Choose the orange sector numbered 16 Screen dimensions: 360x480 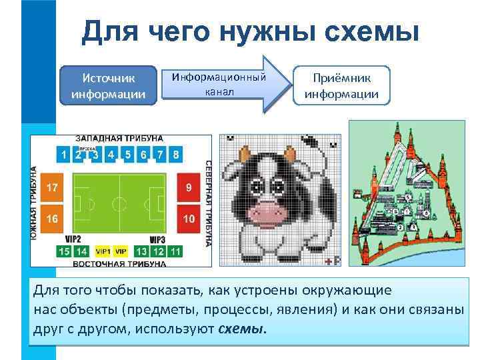pyautogui.click(x=52, y=218)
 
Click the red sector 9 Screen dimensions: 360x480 pyautogui.click(x=189, y=187)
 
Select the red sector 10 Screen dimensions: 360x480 pyautogui.click(x=189, y=218)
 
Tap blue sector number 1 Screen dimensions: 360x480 pyautogui.click(x=63, y=155)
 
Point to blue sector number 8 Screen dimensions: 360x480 pyautogui.click(x=175, y=155)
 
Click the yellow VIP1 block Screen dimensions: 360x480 pyautogui.click(x=103, y=251)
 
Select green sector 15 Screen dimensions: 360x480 pyautogui.click(x=63, y=251)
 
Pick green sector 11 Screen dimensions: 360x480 pyautogui.click(x=175, y=251)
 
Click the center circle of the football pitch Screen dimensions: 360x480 pyautogui.click(x=119, y=202)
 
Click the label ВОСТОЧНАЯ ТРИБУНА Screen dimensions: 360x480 pyautogui.click(x=119, y=264)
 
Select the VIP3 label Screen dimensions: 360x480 pyautogui.click(x=157, y=239)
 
